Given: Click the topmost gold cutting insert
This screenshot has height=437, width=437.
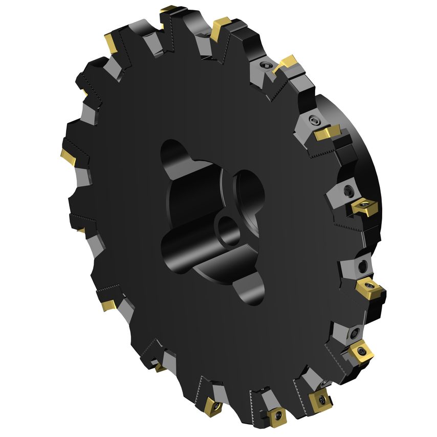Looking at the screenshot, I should pos(169,9).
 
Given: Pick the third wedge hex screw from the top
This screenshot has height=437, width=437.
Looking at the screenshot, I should pos(348,190).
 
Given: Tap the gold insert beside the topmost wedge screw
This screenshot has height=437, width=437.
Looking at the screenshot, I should pos(286,64).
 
